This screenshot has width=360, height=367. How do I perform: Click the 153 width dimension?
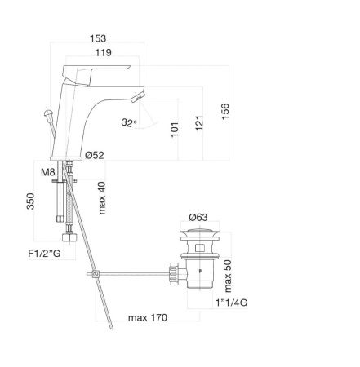click(98, 38)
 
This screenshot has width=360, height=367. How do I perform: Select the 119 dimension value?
click(104, 52)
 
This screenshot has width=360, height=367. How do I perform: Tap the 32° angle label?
click(129, 122)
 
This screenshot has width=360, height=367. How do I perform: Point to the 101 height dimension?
click(175, 130)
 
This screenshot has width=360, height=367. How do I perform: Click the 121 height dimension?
click(199, 123)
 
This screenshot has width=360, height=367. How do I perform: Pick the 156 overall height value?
click(225, 111)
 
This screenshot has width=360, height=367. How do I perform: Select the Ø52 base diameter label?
click(95, 155)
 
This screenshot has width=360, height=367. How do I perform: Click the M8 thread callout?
click(48, 172)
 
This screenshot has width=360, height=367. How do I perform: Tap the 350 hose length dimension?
click(30, 201)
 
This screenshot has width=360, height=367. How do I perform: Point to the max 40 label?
click(102, 198)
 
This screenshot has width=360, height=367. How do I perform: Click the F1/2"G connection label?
click(44, 254)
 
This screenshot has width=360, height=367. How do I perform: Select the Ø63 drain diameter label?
click(198, 217)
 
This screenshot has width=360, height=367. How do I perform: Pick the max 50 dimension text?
click(227, 276)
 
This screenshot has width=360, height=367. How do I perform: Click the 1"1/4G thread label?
click(232, 303)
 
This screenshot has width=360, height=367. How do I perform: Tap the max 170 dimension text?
click(148, 317)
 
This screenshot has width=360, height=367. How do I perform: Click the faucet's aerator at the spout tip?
click(137, 97)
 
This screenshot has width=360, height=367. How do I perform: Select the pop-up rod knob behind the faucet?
click(49, 113)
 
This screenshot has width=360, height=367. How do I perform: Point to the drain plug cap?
click(199, 232)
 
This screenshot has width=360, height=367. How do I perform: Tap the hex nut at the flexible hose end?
click(69, 237)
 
